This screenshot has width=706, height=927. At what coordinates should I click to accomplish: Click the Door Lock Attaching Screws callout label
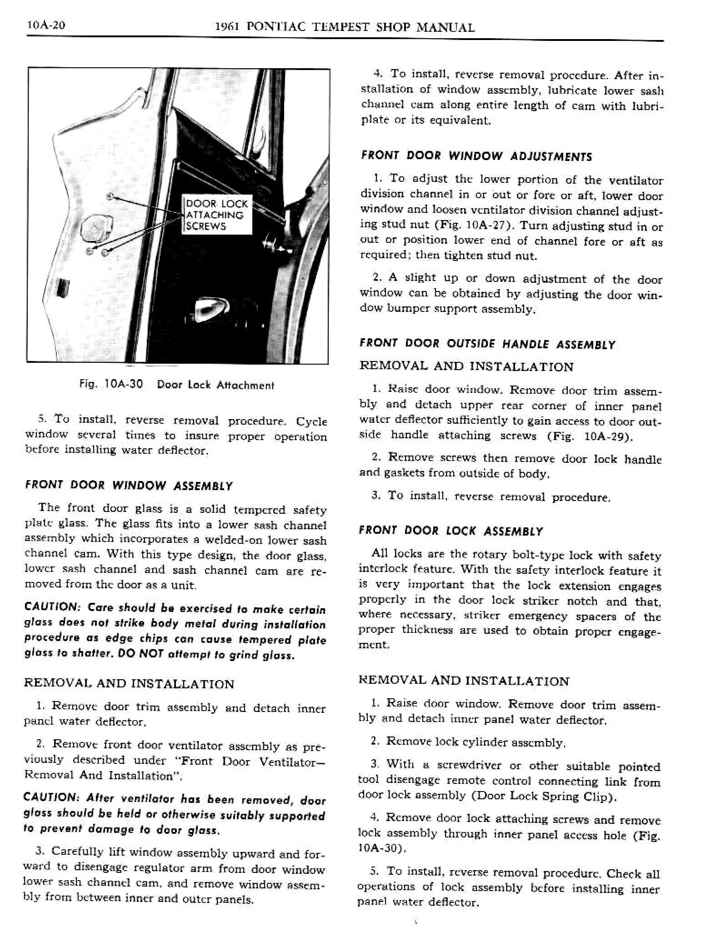(x=217, y=215)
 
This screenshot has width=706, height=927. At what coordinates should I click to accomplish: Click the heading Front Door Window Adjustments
(x=476, y=156)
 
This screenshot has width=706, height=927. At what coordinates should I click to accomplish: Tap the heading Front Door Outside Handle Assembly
(x=487, y=344)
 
